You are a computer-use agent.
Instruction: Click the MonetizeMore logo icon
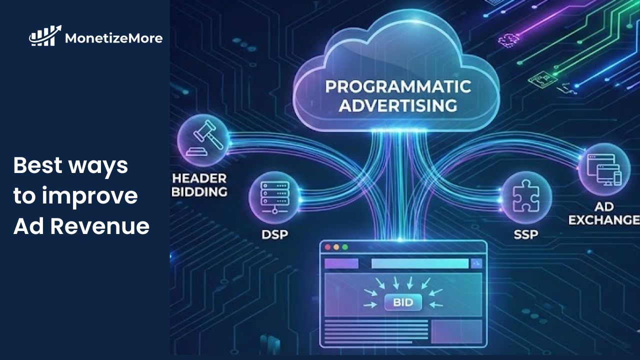[x=45, y=36]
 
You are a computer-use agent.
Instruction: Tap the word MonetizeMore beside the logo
[x=113, y=37]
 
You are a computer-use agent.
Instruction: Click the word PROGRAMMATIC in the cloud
[x=398, y=86]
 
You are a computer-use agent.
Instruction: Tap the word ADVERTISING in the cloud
[x=398, y=106]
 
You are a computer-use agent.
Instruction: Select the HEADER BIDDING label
[x=199, y=185]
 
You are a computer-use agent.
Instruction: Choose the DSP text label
[x=274, y=234]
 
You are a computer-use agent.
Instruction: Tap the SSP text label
[x=526, y=234]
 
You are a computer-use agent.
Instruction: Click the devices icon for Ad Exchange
[x=604, y=169]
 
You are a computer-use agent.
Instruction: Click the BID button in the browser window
[x=403, y=302]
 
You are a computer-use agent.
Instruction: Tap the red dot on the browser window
[x=328, y=247]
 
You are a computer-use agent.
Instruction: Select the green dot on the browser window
[x=345, y=247]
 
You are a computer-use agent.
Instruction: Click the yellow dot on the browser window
[x=336, y=247]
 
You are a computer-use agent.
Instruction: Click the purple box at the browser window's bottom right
[x=456, y=331]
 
